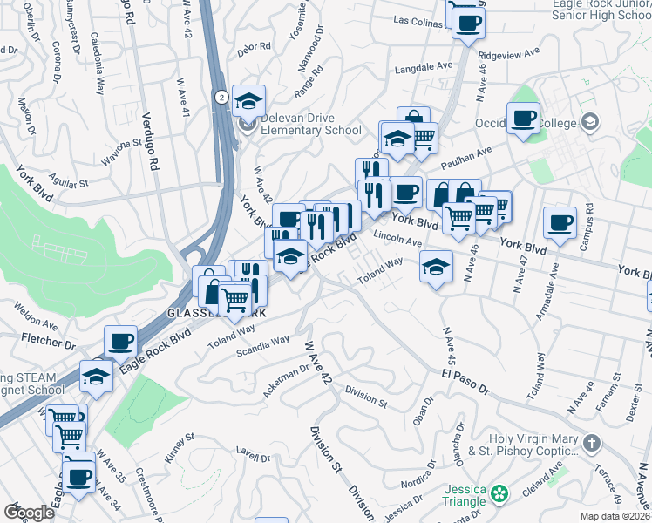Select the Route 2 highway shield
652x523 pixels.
[222, 97]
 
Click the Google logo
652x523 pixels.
[29, 512]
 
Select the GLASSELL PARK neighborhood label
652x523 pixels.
[216, 313]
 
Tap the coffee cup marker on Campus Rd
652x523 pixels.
[560, 222]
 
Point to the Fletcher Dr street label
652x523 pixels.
[45, 338]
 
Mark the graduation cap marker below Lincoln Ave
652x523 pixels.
[436, 268]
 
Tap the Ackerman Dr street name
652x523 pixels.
[288, 377]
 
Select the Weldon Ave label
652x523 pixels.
[36, 316]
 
